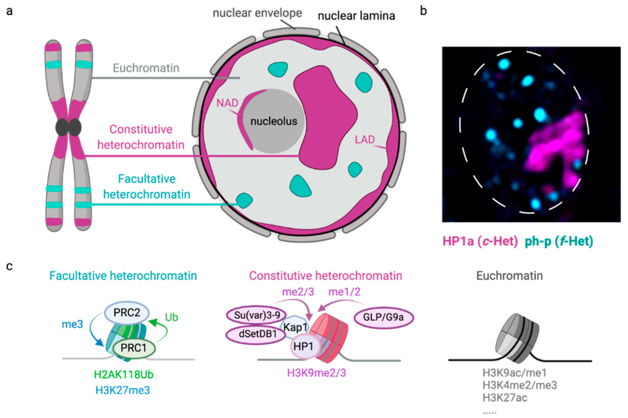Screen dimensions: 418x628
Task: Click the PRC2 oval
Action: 127,312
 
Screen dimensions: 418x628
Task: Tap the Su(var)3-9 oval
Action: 257,315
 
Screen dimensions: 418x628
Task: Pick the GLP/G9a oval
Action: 383,317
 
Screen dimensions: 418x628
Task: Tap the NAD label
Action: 227,103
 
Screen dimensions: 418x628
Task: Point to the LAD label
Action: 365,139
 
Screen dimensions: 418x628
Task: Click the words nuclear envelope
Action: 257,13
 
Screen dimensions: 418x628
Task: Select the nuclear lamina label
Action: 356,16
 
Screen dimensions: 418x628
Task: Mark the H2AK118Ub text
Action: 123,375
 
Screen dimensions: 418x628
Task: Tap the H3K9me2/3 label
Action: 316,373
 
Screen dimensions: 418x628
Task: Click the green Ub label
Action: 171,317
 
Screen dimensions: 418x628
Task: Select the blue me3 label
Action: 72,325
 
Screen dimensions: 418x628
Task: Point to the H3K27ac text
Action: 505,398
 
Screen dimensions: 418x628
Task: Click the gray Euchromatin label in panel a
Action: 146,68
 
